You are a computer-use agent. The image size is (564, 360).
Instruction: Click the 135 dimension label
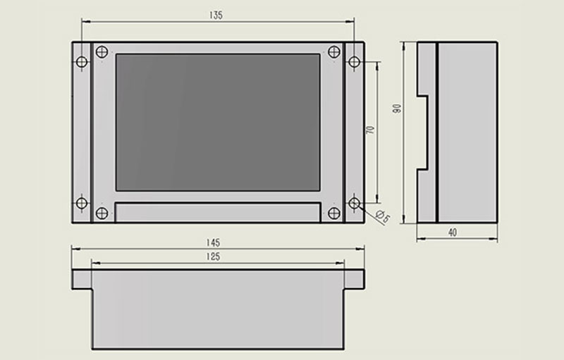coord(216,15)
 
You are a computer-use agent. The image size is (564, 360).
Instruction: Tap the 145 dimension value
coord(213,243)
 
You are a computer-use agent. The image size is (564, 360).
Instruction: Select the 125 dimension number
coord(213,256)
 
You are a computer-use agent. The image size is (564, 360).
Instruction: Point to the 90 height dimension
coord(397,108)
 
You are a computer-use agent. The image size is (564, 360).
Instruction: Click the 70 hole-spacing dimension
coord(370,130)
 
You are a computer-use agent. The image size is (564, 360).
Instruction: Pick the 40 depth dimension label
coord(453,232)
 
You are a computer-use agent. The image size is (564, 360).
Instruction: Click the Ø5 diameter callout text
coord(383,217)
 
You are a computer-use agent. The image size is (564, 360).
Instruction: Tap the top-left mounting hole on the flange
coord(82,62)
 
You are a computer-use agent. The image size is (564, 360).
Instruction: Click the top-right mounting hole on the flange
coord(355,62)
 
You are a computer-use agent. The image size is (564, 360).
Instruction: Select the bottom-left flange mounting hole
coord(82,203)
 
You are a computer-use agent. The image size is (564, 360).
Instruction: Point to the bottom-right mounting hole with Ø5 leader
coord(355,203)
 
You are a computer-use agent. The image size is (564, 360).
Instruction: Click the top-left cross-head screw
coord(102,51)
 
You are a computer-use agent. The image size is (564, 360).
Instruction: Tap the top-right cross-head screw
coord(334,51)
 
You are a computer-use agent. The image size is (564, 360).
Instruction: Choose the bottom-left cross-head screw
coord(102,213)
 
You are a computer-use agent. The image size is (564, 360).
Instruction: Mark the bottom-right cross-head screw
coord(334,213)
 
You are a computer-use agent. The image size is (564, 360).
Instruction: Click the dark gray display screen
coord(218,123)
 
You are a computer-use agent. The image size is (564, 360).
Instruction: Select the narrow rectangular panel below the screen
coord(218,212)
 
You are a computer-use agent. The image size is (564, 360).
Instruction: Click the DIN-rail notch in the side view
coord(422,133)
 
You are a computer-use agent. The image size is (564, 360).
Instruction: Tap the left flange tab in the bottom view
coord(82,280)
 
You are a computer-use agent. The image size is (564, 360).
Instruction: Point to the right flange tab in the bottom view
coord(355,280)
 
